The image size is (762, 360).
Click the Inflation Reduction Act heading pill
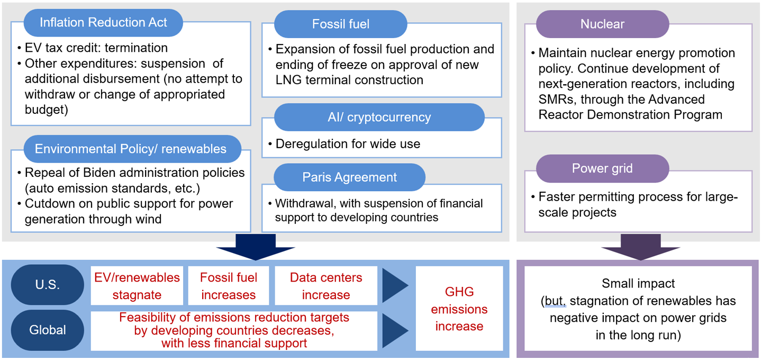click(103, 22)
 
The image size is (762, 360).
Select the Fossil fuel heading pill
click(340, 24)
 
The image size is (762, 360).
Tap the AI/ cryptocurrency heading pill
click(379, 117)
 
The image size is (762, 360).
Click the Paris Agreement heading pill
click(349, 177)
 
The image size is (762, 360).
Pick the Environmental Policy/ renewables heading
click(131, 149)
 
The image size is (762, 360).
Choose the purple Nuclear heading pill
click(602, 24)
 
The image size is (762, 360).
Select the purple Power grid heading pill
click(602, 169)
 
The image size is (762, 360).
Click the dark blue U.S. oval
click(48, 285)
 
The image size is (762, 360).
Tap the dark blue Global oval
click(48, 330)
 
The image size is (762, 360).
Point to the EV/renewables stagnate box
click(137, 286)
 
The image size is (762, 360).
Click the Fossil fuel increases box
click(229, 286)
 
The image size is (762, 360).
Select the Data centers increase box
click(325, 286)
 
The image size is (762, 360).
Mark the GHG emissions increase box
click(459, 309)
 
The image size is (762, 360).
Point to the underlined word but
click(555, 301)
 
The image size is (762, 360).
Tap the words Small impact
click(638, 283)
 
